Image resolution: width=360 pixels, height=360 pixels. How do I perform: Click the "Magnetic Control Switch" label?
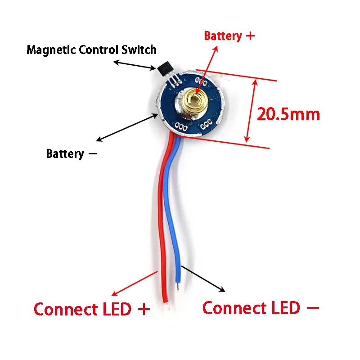[91, 49]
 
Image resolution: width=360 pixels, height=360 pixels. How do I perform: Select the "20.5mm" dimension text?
[288, 114]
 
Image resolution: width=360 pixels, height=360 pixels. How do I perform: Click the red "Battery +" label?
[229, 36]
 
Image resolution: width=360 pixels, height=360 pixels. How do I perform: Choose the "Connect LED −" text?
[261, 308]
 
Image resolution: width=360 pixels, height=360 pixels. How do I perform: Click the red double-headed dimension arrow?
[252, 111]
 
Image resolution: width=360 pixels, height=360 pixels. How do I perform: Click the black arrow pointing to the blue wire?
[203, 278]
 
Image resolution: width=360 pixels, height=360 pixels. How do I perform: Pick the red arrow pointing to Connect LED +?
[135, 283]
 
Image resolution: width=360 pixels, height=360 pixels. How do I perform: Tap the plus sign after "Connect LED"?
[144, 310]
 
